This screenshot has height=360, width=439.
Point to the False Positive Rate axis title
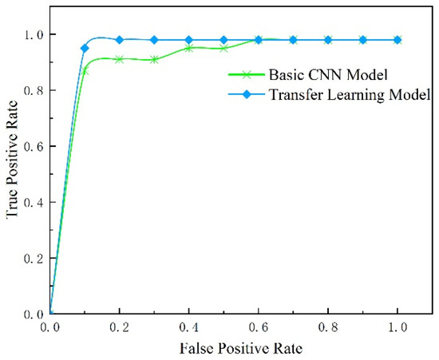pyautogui.click(x=226, y=348)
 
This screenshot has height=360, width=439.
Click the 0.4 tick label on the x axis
pyautogui.click(x=189, y=328)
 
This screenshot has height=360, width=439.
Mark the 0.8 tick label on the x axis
pyautogui.click(x=328, y=328)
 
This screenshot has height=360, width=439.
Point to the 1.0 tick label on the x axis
pyautogui.click(x=397, y=328)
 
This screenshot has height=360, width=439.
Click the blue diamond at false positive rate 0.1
pyautogui.click(x=85, y=49)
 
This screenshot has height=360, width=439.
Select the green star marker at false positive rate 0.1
pyautogui.click(x=85, y=71)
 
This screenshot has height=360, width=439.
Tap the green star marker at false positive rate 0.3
pyautogui.click(x=154, y=60)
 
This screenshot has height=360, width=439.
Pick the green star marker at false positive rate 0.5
pyautogui.click(x=223, y=49)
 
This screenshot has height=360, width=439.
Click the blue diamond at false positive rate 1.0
pyautogui.click(x=397, y=40)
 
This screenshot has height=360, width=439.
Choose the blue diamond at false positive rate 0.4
pyautogui.click(x=189, y=40)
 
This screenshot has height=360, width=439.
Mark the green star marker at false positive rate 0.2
pyautogui.click(x=120, y=59)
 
